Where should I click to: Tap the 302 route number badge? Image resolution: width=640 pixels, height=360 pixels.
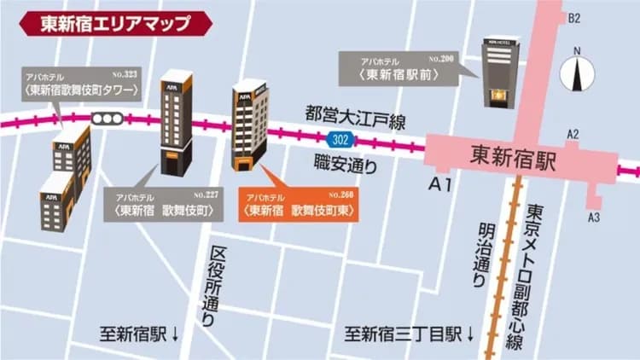[340, 138]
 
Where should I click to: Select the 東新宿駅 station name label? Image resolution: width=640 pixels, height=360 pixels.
[512, 156]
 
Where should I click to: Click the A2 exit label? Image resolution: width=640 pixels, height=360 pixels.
[573, 134]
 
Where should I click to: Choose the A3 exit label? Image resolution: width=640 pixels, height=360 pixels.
[594, 218]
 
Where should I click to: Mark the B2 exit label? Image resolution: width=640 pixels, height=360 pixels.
[574, 18]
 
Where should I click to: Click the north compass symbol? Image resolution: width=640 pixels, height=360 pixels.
[578, 73]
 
